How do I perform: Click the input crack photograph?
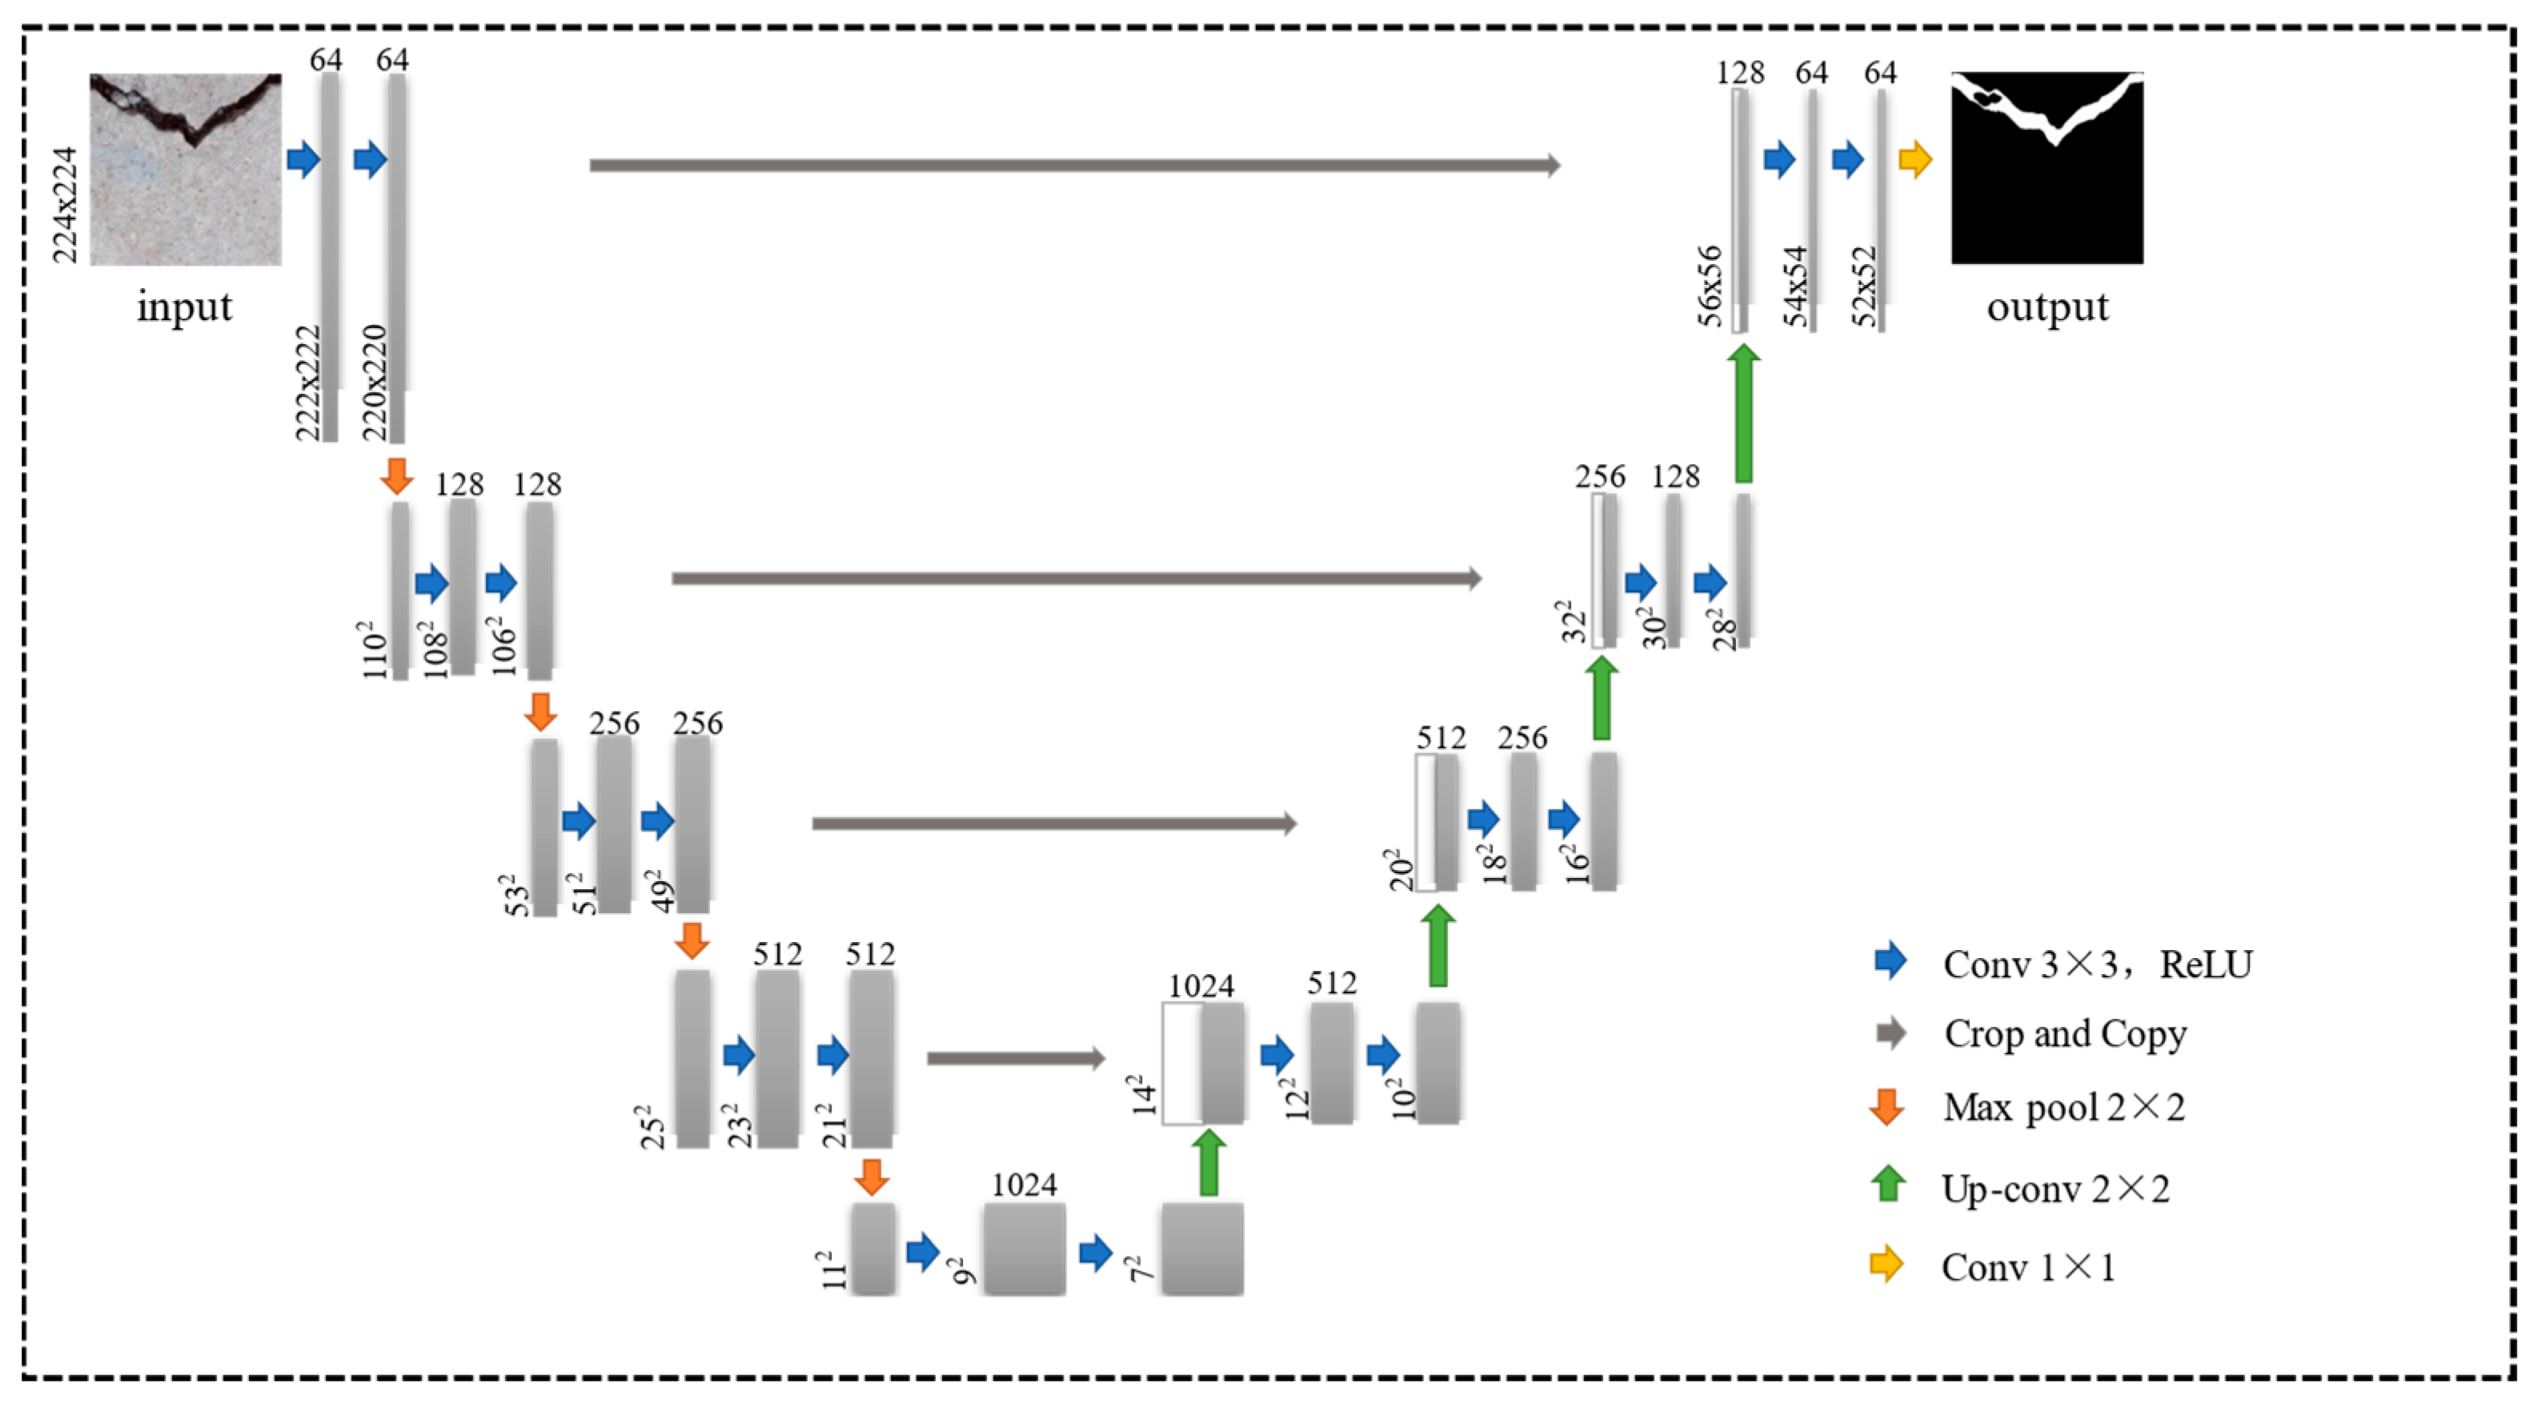click(x=185, y=170)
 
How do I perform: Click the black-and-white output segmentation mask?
click(x=2046, y=167)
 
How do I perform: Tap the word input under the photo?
click(x=184, y=307)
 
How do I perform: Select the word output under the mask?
click(x=2047, y=307)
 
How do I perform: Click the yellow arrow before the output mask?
click(x=1914, y=159)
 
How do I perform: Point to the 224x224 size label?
click(x=65, y=205)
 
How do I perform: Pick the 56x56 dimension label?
click(x=1711, y=286)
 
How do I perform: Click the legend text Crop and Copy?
click(x=2066, y=1034)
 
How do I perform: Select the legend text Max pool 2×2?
click(x=2064, y=1108)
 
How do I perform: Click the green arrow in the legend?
click(x=1888, y=1185)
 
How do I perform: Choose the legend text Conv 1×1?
click(x=2029, y=1267)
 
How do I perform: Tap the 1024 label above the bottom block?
click(x=1024, y=1185)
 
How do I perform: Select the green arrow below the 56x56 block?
click(x=1743, y=414)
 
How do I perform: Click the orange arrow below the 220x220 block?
click(x=397, y=475)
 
